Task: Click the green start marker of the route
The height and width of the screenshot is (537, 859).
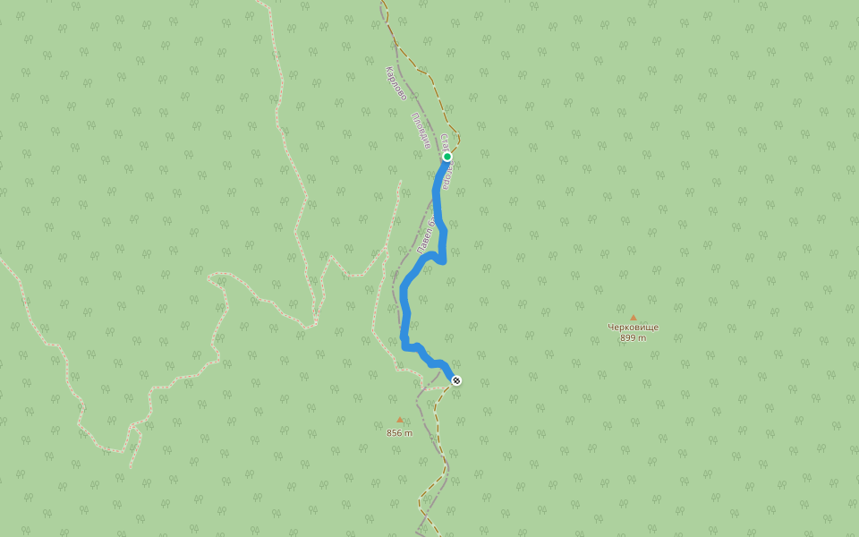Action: (x=447, y=157)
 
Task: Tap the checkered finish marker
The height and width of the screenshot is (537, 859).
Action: (x=457, y=380)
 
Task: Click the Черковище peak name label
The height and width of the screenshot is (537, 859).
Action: (x=633, y=327)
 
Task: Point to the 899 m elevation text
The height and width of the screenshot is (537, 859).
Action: (x=633, y=337)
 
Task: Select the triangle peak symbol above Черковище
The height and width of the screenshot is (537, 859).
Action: (x=633, y=317)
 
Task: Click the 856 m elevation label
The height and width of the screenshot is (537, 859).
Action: (x=399, y=432)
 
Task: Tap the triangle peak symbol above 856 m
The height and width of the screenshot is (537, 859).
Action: (x=399, y=419)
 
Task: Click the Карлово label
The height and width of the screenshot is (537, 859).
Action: (x=395, y=83)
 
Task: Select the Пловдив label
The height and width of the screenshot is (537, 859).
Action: (x=421, y=131)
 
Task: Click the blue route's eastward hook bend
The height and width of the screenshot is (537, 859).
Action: (x=442, y=259)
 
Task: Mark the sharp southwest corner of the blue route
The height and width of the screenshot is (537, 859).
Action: (x=404, y=345)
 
